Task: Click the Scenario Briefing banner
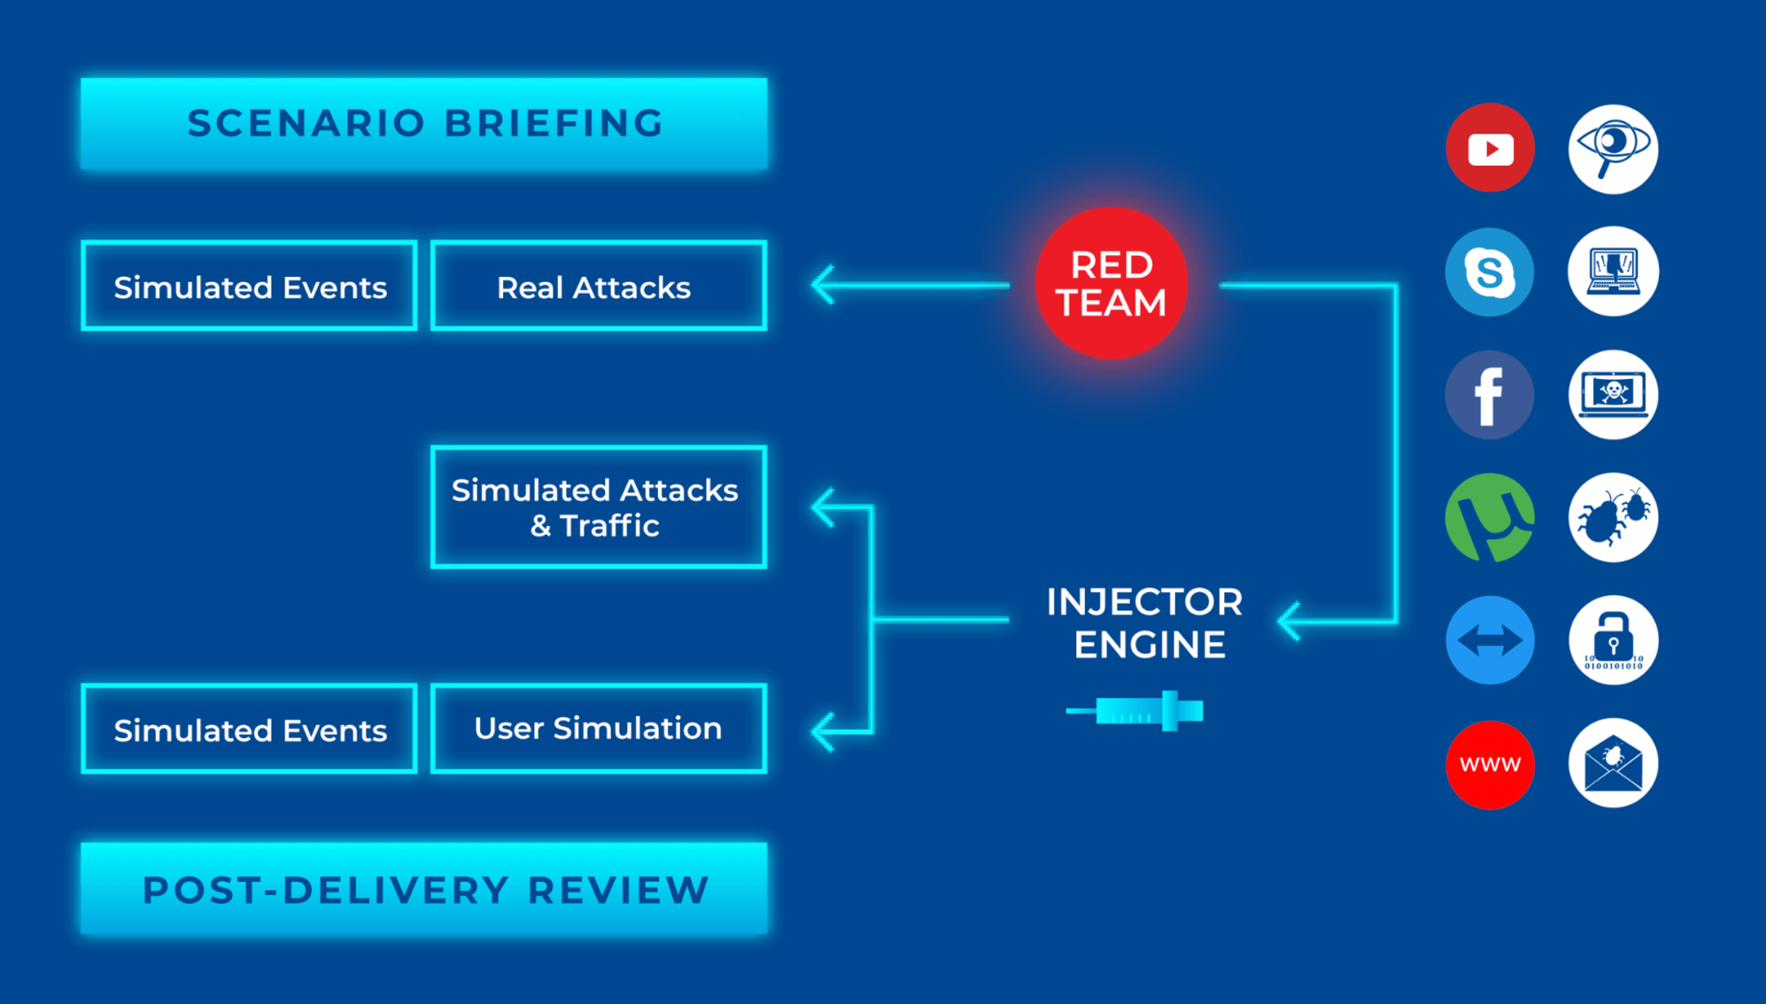pos(423,123)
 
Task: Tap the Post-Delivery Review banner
pos(423,889)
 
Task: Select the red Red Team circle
pos(1111,283)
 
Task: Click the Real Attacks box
pos(598,286)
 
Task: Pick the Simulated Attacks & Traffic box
pos(598,506)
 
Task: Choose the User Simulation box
pos(598,728)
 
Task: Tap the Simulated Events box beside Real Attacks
pos(249,286)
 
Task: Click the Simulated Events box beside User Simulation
pos(249,729)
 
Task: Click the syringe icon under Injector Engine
pos(1135,711)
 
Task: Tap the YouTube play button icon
pos(1490,148)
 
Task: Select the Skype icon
pos(1490,271)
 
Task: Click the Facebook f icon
pos(1490,395)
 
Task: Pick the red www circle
pos(1490,764)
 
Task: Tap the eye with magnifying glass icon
pos(1613,148)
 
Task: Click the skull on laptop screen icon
pos(1613,395)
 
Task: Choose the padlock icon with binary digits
pos(1613,640)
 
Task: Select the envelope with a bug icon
pos(1613,763)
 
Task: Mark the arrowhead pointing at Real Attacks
pos(824,285)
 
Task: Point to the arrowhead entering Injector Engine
pos(1290,622)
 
